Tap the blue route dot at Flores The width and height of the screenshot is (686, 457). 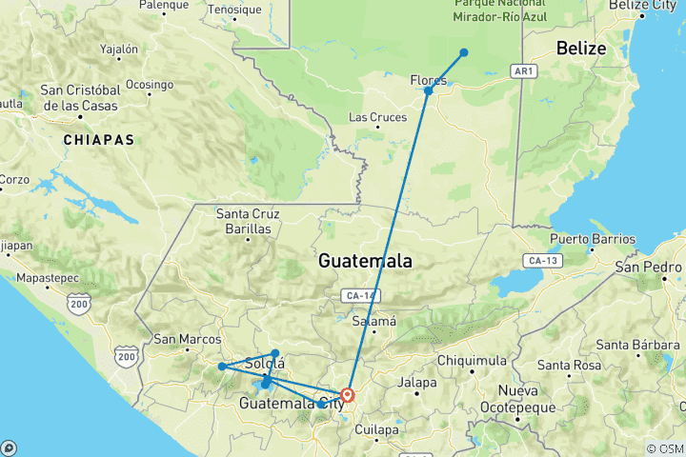point(429,90)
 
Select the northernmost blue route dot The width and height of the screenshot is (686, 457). point(464,52)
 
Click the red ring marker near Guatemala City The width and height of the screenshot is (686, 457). point(348,394)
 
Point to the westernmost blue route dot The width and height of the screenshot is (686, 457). point(221,367)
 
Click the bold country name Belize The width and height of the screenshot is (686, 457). point(580,49)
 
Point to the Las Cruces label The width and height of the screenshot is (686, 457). point(378,118)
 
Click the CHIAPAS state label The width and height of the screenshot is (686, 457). point(99,139)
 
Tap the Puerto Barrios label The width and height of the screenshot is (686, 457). point(593,239)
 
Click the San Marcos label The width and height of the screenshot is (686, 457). point(187,338)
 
